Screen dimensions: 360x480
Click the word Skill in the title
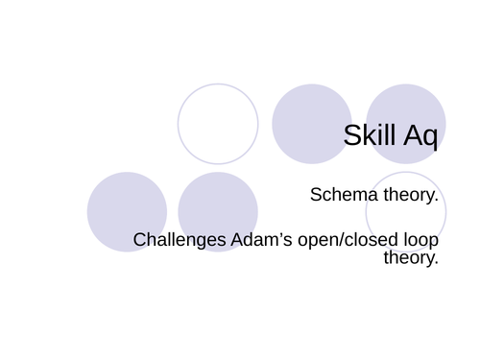click(369, 136)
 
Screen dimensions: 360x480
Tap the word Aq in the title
click(419, 136)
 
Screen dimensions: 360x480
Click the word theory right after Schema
click(407, 195)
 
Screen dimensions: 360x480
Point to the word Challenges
click(179, 239)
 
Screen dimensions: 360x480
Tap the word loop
click(420, 239)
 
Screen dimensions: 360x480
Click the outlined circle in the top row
click(218, 124)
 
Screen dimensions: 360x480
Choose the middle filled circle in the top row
click(312, 124)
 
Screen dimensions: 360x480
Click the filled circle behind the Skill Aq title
click(405, 124)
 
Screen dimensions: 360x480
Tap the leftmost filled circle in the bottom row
click(127, 212)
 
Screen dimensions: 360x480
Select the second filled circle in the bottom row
click(218, 212)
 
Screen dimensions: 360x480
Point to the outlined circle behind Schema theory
click(405, 212)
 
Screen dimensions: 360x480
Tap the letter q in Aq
click(429, 139)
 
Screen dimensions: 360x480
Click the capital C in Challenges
click(140, 239)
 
